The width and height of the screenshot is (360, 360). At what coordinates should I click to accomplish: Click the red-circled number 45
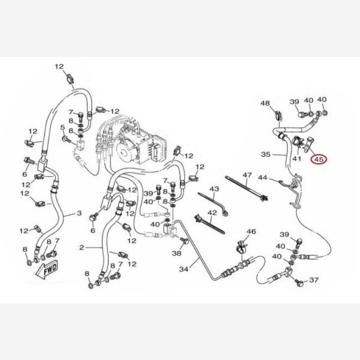pyautogui.click(x=318, y=160)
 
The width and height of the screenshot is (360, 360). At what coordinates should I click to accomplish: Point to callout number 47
pyautogui.click(x=246, y=175)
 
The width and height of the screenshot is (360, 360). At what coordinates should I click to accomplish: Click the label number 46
pyautogui.click(x=251, y=232)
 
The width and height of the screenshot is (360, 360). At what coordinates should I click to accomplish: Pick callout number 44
pyautogui.click(x=262, y=178)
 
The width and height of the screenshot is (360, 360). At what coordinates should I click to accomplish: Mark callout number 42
pyautogui.click(x=212, y=213)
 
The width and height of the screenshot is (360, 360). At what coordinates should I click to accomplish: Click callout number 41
pyautogui.click(x=296, y=159)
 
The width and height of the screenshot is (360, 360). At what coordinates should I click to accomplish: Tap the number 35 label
pyautogui.click(x=266, y=154)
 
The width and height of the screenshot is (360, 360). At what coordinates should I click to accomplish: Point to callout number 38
pyautogui.click(x=176, y=254)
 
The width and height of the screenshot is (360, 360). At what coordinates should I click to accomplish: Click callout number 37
pyautogui.click(x=314, y=280)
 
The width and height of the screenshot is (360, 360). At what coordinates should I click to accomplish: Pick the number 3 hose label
pyautogui.click(x=78, y=214)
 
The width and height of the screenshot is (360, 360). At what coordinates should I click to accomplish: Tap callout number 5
pyautogui.click(x=62, y=127)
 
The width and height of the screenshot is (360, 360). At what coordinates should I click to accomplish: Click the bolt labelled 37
pyautogui.click(x=299, y=280)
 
